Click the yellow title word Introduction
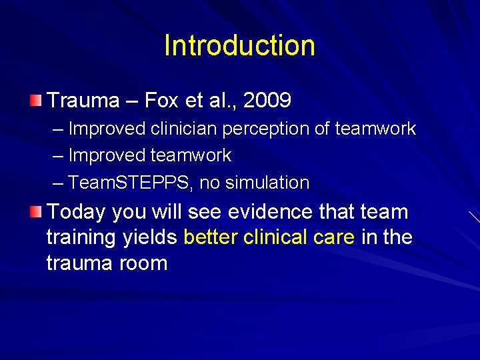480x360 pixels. click(239, 45)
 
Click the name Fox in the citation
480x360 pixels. click(161, 101)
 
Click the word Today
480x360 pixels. click(77, 212)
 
